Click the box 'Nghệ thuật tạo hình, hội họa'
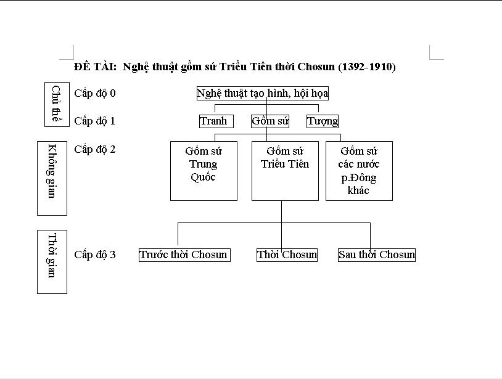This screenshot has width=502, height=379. [x=263, y=94]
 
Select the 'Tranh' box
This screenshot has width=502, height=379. [x=213, y=121]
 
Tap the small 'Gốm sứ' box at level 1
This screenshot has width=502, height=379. [x=270, y=121]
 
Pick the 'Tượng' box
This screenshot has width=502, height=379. [x=323, y=121]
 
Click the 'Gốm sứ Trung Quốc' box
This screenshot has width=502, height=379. [x=204, y=171]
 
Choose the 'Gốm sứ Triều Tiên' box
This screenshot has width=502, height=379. [x=285, y=171]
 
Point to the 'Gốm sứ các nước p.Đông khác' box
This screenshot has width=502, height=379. [x=359, y=171]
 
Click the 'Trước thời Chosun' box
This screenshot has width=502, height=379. [x=184, y=255]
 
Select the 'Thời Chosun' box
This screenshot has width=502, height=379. [x=287, y=255]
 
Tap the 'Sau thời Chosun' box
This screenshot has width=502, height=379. [x=377, y=255]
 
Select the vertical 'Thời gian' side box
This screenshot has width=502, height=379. [x=52, y=262]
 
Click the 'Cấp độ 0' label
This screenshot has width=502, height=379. [x=95, y=94]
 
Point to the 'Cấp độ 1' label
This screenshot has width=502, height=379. [x=95, y=121]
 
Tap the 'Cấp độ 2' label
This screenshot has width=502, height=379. [x=95, y=149]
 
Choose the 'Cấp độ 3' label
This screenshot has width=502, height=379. [x=95, y=255]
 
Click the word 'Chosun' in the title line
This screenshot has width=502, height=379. [x=316, y=67]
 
